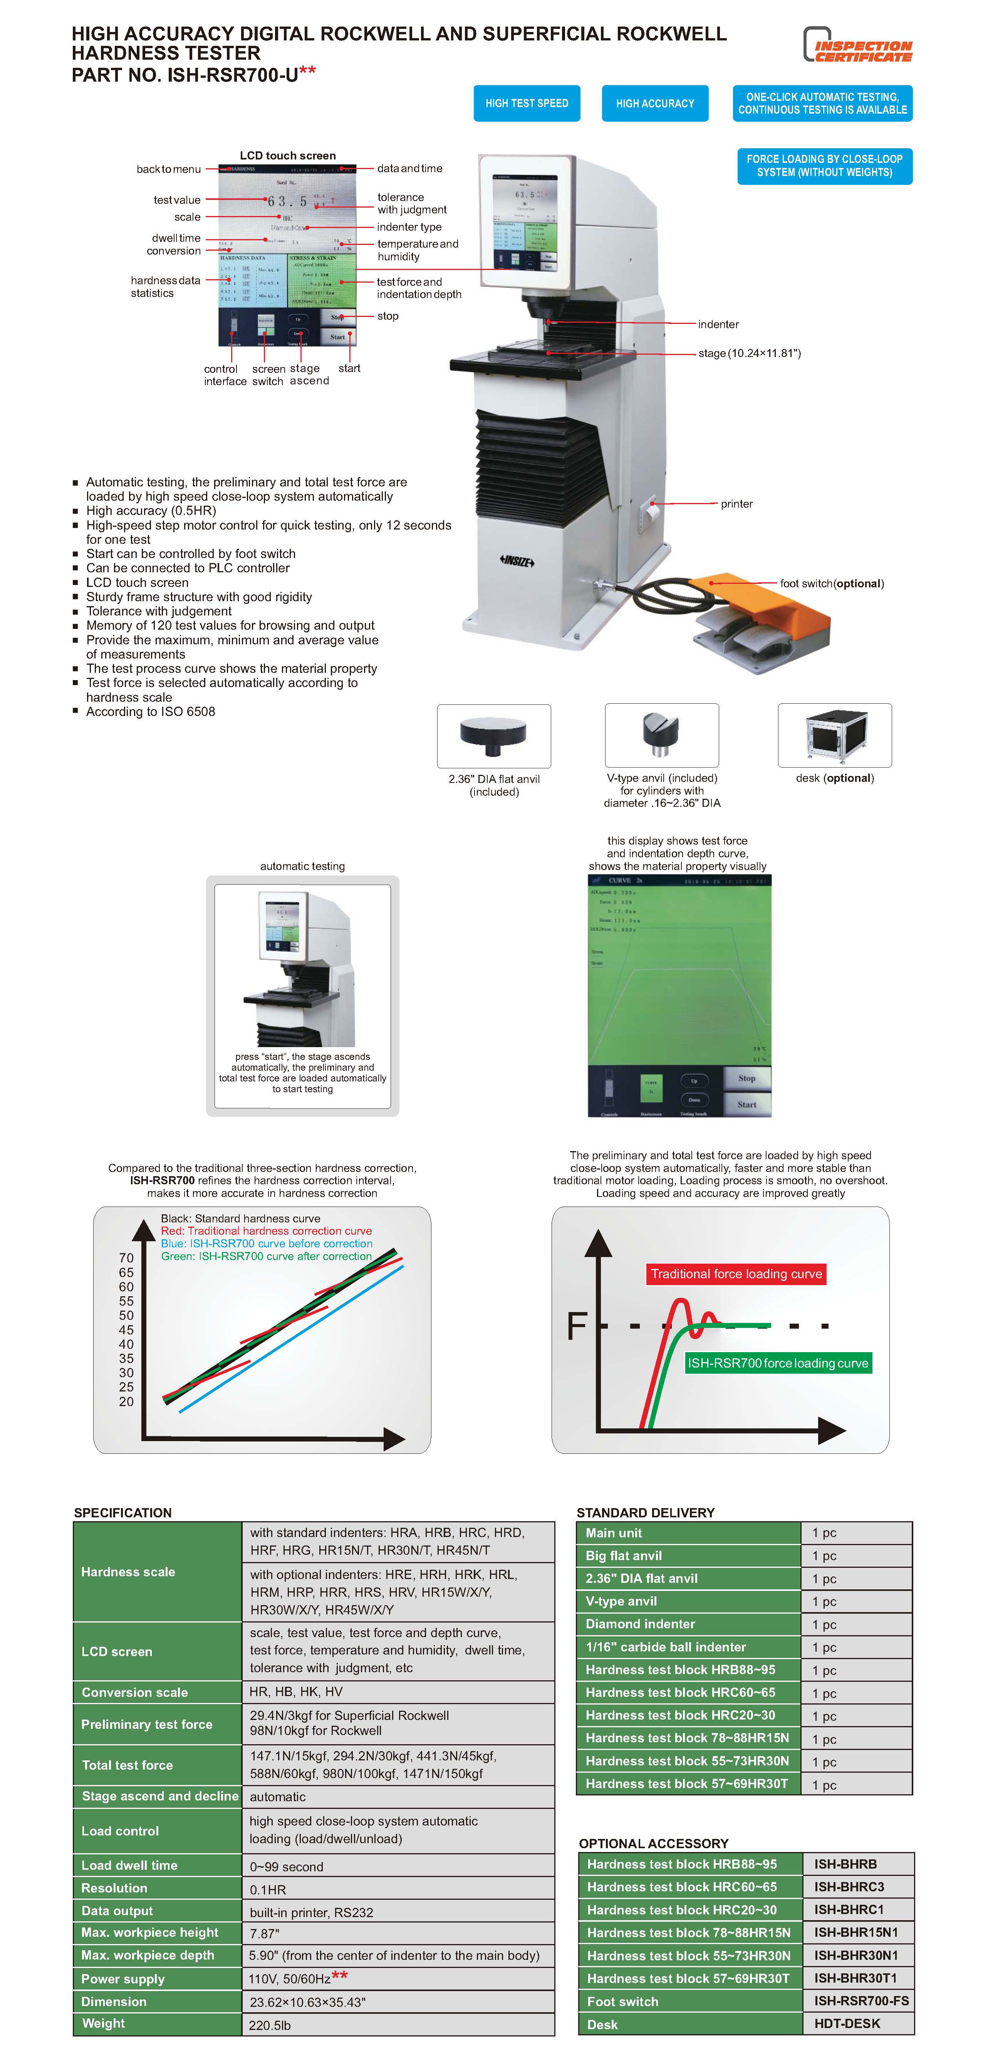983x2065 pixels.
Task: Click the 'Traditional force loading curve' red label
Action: [736, 1274]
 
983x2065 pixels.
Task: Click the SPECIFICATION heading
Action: [122, 1513]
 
